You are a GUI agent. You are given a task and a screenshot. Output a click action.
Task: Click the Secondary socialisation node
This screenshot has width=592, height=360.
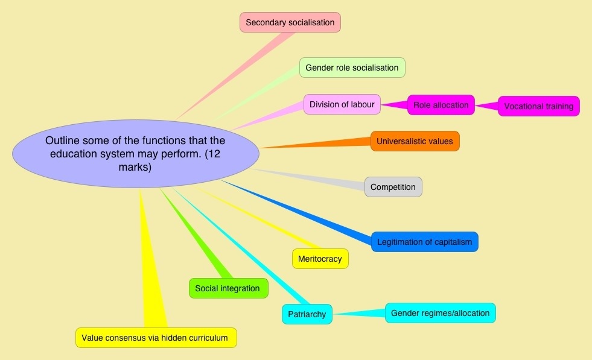[x=290, y=22]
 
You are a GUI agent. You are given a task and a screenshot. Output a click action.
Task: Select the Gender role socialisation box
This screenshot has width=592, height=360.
[x=352, y=68]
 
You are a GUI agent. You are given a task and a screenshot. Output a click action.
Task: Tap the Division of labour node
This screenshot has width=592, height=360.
[x=342, y=104]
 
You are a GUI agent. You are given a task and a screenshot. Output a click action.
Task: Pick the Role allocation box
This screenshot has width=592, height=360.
[x=441, y=105]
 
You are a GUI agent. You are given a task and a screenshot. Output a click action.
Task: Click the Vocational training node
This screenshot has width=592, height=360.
[x=538, y=106]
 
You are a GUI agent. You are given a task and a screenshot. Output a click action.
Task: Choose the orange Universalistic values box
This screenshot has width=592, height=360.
[x=415, y=142]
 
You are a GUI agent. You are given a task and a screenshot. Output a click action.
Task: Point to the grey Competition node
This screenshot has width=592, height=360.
[x=393, y=187]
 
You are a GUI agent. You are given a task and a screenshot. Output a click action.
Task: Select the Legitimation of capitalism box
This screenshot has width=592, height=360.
[x=424, y=242]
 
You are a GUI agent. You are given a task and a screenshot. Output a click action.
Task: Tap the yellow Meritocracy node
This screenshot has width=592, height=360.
[x=320, y=259]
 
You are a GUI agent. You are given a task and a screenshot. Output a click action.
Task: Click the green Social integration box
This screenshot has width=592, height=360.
[x=228, y=288]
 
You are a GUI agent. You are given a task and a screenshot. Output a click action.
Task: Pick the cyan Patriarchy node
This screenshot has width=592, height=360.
[x=307, y=314]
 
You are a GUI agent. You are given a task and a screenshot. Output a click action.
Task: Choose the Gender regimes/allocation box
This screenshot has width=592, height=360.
[x=440, y=313]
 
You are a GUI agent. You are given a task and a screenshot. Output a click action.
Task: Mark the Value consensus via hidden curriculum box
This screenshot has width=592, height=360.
[x=155, y=338]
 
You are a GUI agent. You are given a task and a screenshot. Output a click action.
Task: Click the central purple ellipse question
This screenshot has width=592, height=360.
[x=136, y=153]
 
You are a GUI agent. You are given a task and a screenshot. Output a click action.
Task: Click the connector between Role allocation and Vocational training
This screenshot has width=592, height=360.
[x=488, y=106]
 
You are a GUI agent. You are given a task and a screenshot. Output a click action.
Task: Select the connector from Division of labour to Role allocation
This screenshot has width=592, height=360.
[x=393, y=104]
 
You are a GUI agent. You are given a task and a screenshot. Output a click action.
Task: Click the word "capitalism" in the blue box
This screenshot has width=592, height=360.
[x=453, y=242]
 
